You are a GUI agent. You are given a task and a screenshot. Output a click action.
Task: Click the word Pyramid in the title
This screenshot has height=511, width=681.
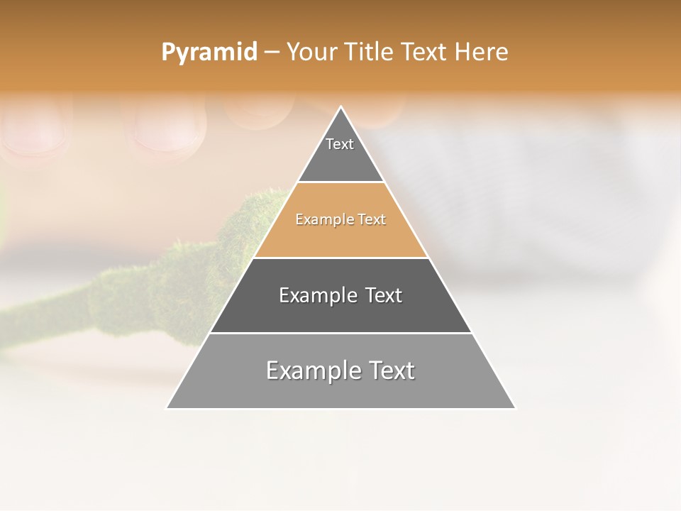tap(209, 53)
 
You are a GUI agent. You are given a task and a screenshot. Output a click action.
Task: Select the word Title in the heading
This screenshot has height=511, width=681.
tap(369, 53)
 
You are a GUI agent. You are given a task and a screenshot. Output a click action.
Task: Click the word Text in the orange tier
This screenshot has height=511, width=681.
tap(372, 220)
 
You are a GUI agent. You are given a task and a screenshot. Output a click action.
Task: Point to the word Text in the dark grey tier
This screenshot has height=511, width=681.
tap(384, 295)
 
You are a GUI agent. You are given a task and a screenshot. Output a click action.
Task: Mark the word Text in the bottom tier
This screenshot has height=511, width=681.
tap(391, 370)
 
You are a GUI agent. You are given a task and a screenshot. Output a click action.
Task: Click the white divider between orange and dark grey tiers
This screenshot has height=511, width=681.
tap(340, 258)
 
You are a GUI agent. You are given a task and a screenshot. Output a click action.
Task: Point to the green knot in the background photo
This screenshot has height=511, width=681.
tap(241, 227)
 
